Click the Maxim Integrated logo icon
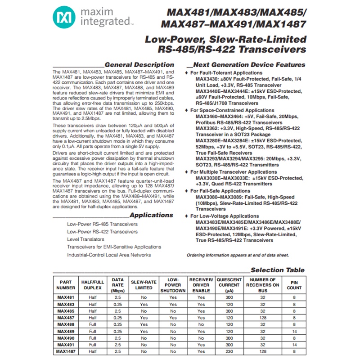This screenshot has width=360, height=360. click(x=63, y=18)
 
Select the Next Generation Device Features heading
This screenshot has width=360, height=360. click(x=249, y=64)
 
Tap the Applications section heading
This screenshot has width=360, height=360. click(x=151, y=215)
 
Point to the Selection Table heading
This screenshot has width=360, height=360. click(x=277, y=270)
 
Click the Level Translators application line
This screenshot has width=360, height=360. click(x=85, y=239)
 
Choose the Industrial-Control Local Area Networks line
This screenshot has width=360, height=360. click(x=109, y=255)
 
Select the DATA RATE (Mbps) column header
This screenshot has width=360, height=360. click(x=117, y=285)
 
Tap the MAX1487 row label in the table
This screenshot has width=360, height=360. click(x=66, y=351)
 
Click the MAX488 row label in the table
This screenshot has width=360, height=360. click(x=66, y=324)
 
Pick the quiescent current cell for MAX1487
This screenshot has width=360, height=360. click(x=229, y=351)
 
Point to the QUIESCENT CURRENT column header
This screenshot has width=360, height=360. click(x=229, y=285)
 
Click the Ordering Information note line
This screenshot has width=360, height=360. click(x=238, y=255)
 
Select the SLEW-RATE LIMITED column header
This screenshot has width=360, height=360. click(x=144, y=285)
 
